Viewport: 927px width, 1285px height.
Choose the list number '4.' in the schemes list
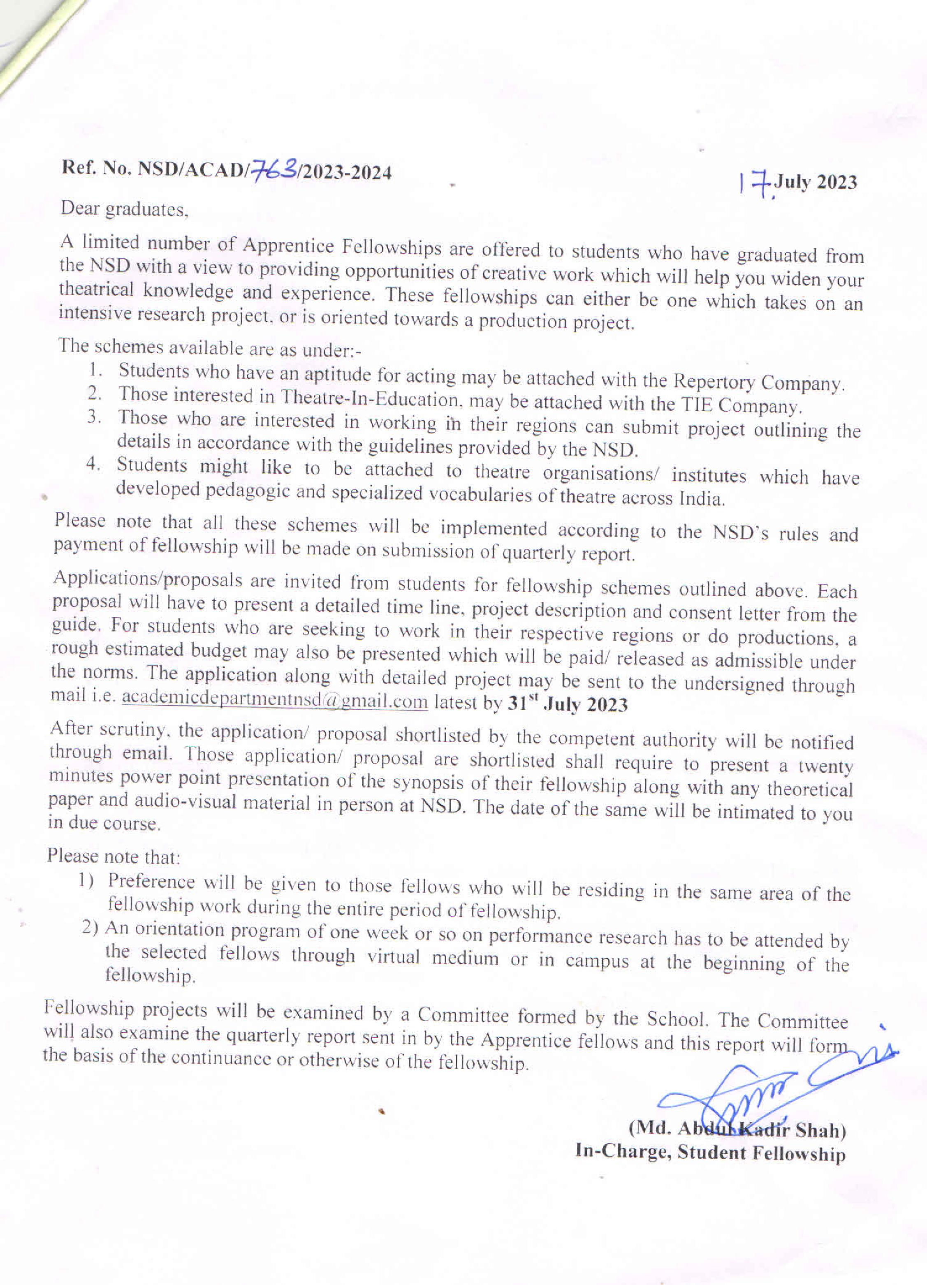93,463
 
